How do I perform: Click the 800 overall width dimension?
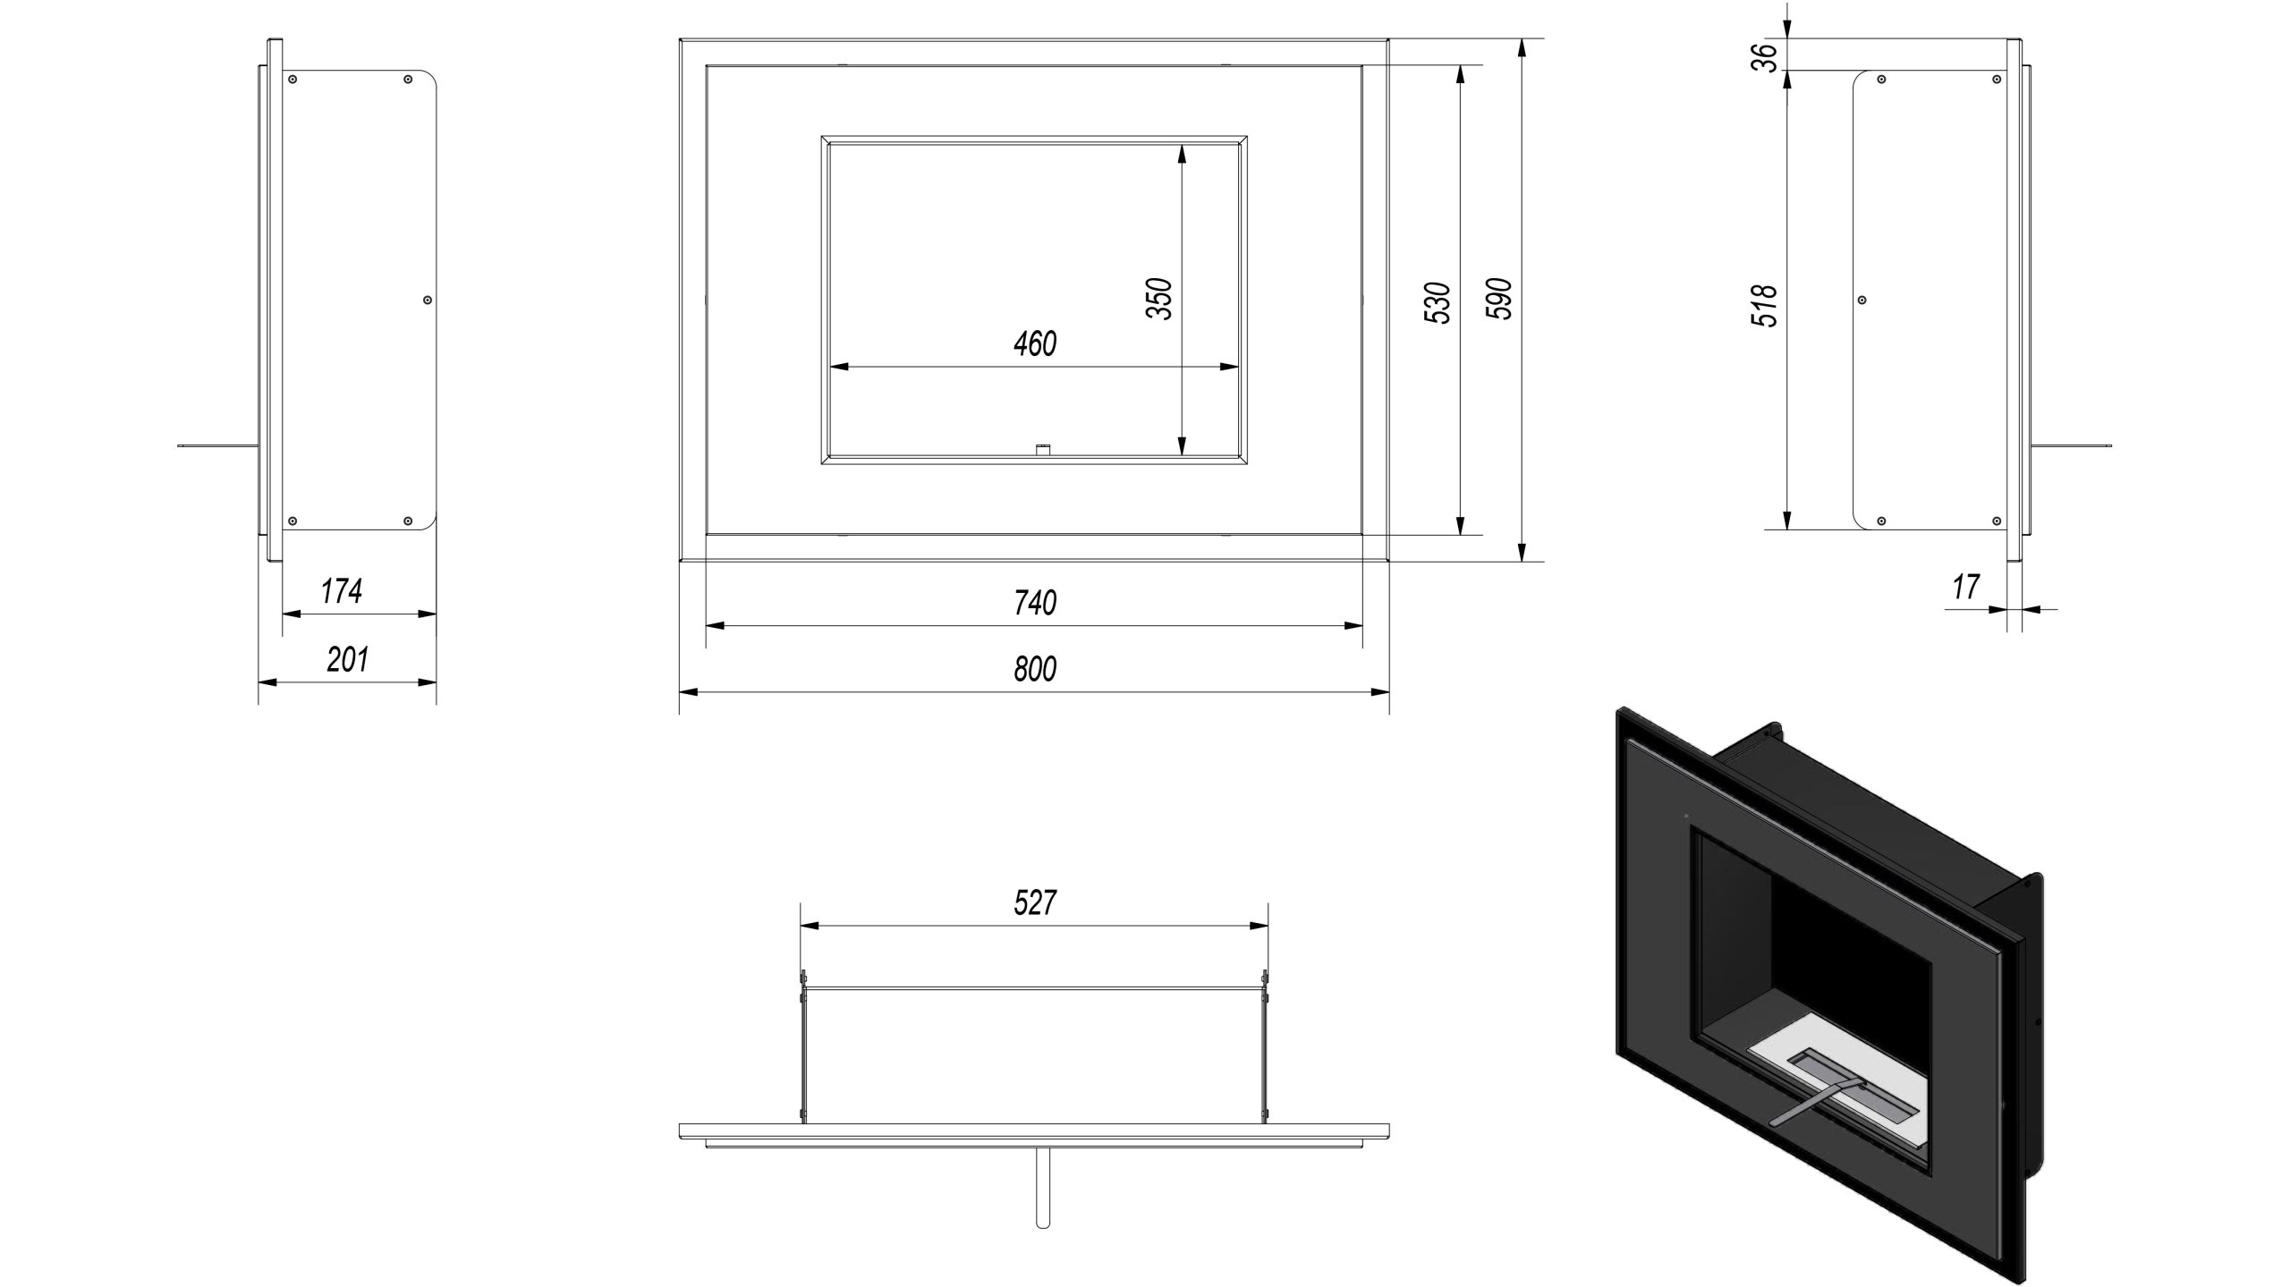click(1035, 669)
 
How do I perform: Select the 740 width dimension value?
click(1035, 603)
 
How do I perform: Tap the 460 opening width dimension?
click(1035, 344)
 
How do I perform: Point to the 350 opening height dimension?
click(1159, 300)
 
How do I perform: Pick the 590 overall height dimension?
click(1498, 299)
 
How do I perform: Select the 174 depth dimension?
click(342, 590)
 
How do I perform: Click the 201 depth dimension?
click(347, 659)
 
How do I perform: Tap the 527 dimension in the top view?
click(1035, 902)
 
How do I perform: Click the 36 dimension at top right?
click(1763, 57)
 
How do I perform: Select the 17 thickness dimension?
click(1966, 588)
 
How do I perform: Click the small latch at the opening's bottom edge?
click(1041, 449)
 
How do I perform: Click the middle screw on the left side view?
click(428, 300)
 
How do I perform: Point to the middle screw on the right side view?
click(1862, 300)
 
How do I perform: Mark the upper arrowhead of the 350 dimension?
click(1183, 154)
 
